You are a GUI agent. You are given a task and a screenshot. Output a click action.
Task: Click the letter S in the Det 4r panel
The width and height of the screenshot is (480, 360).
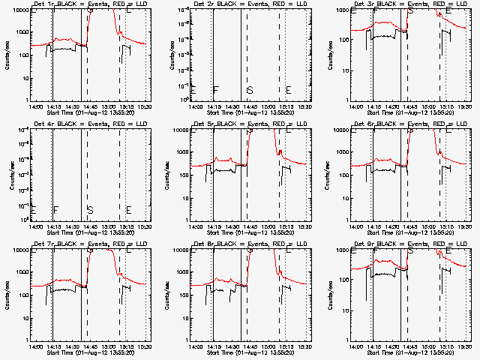coord(89,209)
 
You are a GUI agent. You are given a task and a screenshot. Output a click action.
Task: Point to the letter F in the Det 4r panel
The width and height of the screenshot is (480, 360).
coord(55,209)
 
